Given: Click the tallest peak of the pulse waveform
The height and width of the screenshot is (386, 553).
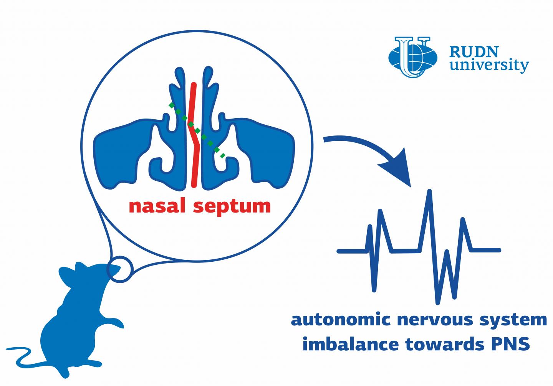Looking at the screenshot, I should (x=429, y=192).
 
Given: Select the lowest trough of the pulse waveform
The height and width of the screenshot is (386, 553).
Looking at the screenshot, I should (x=437, y=301).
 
